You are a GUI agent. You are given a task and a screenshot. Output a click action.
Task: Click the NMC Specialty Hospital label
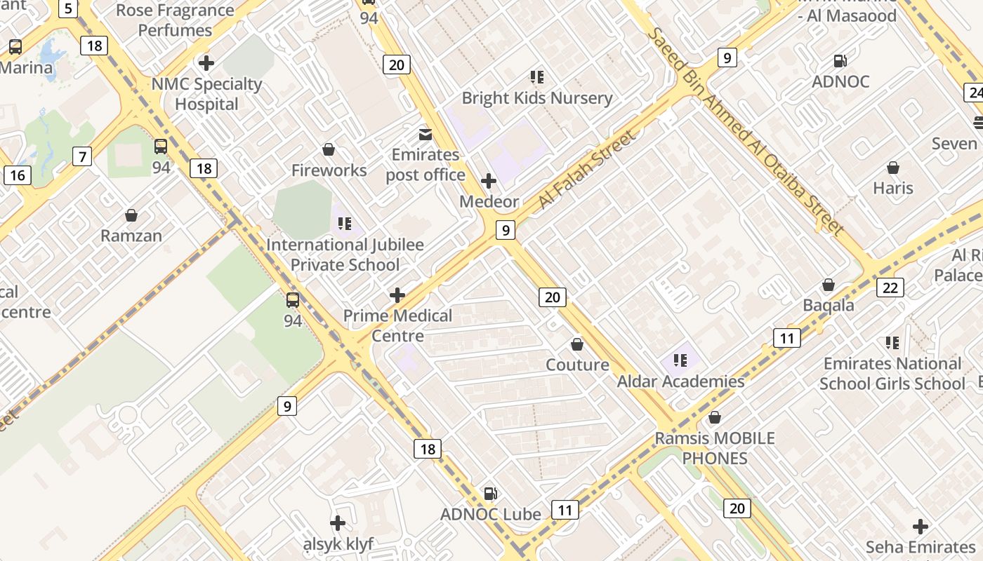click(207, 94)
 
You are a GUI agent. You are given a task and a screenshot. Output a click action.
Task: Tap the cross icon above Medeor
click(489, 181)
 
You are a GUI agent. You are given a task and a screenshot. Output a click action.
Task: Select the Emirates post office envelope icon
click(425, 134)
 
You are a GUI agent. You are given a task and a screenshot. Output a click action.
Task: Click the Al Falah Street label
click(588, 170)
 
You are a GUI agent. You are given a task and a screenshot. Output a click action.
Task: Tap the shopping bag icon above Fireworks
click(328, 149)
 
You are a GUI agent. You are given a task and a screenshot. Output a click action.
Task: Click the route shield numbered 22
click(890, 287)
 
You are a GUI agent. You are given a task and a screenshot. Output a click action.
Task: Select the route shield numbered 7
click(82, 156)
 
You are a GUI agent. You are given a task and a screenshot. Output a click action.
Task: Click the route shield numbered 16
click(17, 175)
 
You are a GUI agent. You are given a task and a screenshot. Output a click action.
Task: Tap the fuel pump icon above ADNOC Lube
click(491, 494)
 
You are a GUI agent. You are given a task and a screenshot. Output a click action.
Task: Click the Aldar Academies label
click(680, 381)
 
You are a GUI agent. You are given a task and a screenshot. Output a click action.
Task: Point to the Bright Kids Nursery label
click(537, 97)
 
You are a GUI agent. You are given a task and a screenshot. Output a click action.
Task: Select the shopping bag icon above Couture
click(577, 344)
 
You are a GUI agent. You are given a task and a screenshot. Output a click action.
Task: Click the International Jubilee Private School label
click(345, 255)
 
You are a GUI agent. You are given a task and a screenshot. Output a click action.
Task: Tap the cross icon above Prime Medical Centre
click(397, 295)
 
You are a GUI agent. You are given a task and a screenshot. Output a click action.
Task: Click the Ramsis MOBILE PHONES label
click(715, 448)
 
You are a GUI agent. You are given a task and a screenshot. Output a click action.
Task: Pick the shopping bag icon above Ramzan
click(131, 215)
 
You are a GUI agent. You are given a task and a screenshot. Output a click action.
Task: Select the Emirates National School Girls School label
click(892, 373)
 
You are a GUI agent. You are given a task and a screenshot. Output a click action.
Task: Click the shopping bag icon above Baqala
click(829, 285)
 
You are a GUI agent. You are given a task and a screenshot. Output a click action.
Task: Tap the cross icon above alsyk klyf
click(338, 523)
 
